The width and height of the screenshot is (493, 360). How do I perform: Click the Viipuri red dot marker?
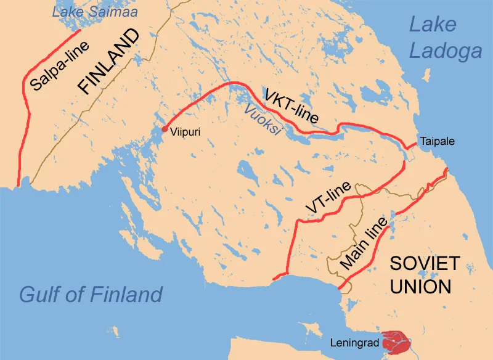pos(164,129)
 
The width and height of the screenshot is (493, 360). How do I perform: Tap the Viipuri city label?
pos(185,131)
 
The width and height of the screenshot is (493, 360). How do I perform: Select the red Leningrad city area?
pos(393,341)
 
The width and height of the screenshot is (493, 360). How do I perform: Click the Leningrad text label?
pos(359,342)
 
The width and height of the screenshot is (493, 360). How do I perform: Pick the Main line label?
pos(363,242)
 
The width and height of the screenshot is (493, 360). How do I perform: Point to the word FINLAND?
pos(109,64)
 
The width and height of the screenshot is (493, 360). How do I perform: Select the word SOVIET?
pos(425,263)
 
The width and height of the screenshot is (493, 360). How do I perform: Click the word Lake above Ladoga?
pos(433,24)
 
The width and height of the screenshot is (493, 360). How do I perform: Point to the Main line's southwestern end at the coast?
pos(340,288)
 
